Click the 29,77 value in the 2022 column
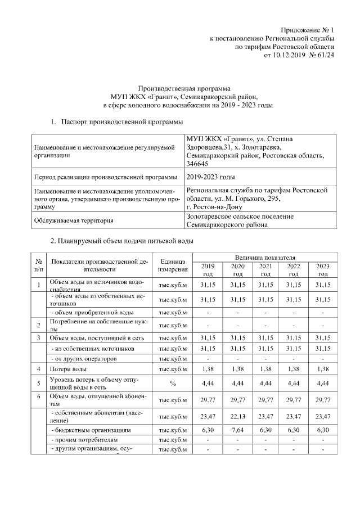[293, 399]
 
